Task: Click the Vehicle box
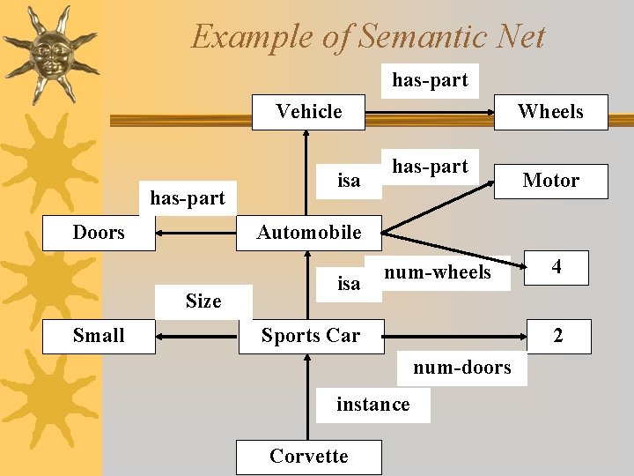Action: coord(308,112)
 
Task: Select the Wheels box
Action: coord(550,112)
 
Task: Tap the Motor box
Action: coord(550,181)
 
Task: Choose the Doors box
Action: coord(99,233)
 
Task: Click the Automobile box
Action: coord(308,233)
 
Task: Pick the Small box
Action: coord(99,336)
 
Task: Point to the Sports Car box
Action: coord(310,336)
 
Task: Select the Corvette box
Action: coord(308,457)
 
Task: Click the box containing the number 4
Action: coord(557,266)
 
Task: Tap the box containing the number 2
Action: coord(557,336)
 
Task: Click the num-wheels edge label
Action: coord(438,272)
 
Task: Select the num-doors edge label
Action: coord(462,368)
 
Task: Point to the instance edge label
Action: coord(372,405)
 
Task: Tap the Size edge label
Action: coord(203,301)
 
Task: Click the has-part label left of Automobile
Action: coord(188,198)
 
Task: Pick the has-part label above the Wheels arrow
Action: coord(430,80)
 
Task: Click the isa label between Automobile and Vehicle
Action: coord(349,181)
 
